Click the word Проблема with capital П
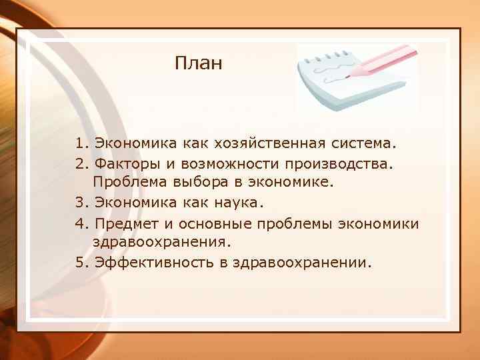pyautogui.click(x=127, y=183)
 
